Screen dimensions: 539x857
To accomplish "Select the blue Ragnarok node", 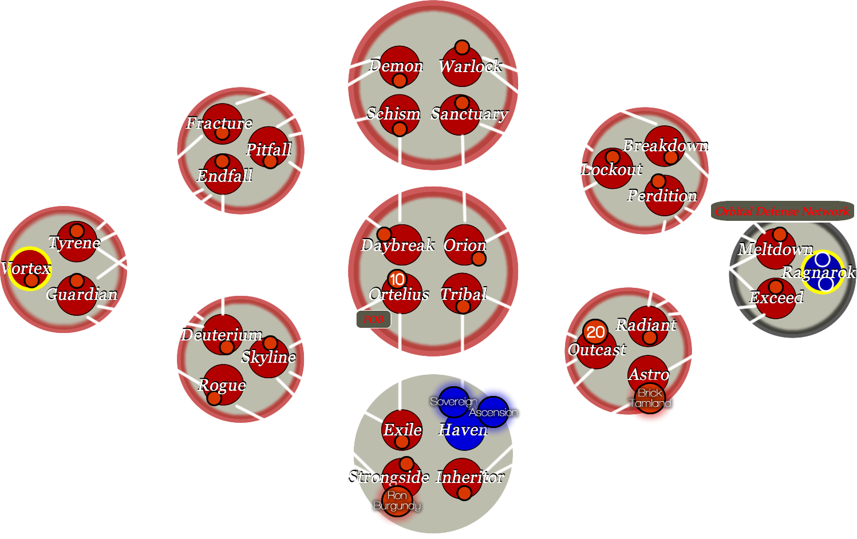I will pyautogui.click(x=823, y=272).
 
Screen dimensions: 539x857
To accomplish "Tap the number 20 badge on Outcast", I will pyautogui.click(x=595, y=332).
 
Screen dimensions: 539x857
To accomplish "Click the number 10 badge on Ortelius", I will pyautogui.click(x=397, y=279).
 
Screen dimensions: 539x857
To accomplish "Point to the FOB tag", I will pyautogui.click(x=373, y=319).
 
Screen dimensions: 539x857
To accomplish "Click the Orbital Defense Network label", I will pyautogui.click(x=782, y=211).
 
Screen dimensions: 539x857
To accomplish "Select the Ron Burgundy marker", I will pyautogui.click(x=397, y=501).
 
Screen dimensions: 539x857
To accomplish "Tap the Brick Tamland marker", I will pyautogui.click(x=650, y=398).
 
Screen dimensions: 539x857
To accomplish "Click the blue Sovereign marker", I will pyautogui.click(x=453, y=402).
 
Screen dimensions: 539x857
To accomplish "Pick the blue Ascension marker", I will pyautogui.click(x=493, y=412).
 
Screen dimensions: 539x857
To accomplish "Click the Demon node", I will pyautogui.click(x=399, y=66).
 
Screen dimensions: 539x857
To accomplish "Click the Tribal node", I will pyautogui.click(x=461, y=294).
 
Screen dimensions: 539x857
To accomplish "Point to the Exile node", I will pyautogui.click(x=402, y=429).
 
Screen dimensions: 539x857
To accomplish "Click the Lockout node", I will pyautogui.click(x=612, y=169).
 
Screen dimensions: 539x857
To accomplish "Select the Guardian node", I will pyautogui.click(x=77, y=295).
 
